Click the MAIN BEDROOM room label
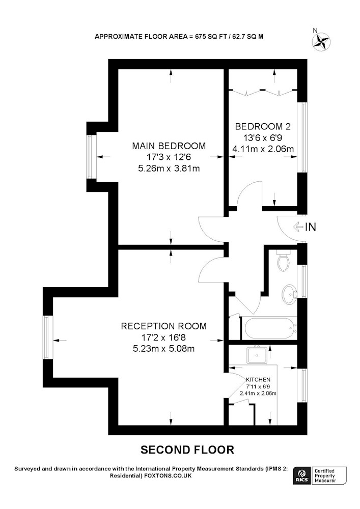(169, 146)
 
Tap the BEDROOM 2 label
(263, 126)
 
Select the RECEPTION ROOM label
(163, 326)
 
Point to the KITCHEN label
(258, 380)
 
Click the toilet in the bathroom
(284, 260)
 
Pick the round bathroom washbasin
(289, 294)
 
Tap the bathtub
(270, 328)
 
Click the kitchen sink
(257, 355)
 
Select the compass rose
(321, 41)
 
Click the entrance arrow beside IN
(298, 227)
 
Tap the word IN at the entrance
(311, 227)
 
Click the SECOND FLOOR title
(187, 449)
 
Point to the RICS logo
(301, 476)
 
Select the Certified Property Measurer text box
(328, 476)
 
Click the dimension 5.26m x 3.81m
(169, 168)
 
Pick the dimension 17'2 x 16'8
(163, 337)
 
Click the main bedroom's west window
(89, 156)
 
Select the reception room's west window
(46, 337)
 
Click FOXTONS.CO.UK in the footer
(168, 476)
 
